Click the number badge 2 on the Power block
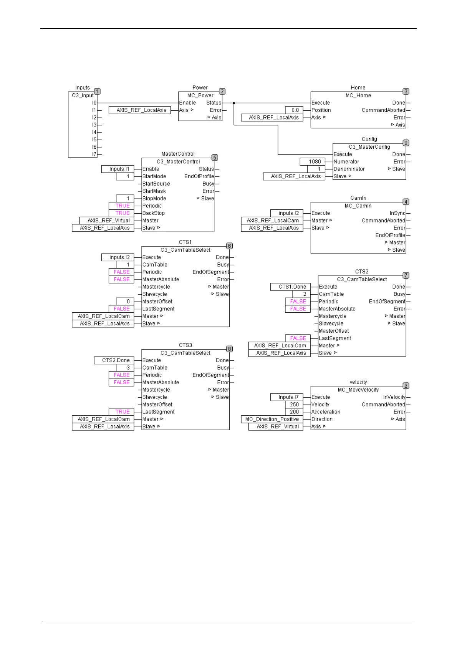(222, 91)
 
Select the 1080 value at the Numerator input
(313, 162)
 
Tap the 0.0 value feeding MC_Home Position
(295, 110)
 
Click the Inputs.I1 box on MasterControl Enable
(118, 169)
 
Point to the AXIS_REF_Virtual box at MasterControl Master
(106, 221)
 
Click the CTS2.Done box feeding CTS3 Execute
(114, 360)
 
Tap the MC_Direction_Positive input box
(272, 419)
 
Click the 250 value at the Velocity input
(294, 405)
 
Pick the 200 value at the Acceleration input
(294, 412)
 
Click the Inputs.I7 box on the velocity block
(286, 397)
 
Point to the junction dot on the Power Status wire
(234, 103)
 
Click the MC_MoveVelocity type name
(358, 390)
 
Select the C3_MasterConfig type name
(369, 147)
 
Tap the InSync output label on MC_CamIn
(397, 213)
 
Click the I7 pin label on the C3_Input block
(94, 154)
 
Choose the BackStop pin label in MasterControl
(154, 213)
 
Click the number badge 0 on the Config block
(406, 143)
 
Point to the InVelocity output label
(394, 397)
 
